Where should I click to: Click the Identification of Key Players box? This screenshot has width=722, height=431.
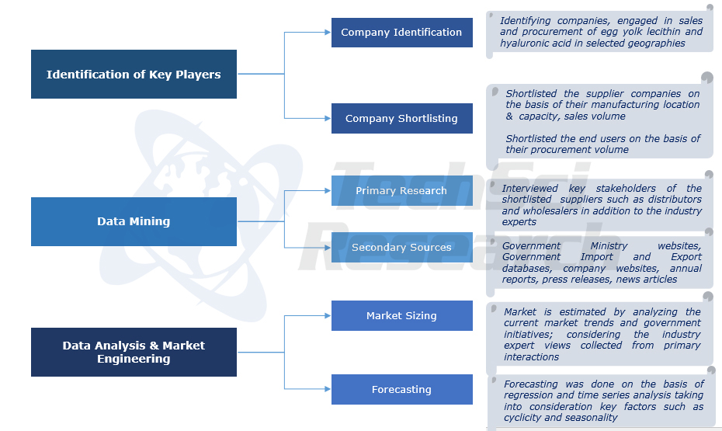click(x=134, y=75)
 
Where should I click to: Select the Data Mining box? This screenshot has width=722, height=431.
click(x=134, y=221)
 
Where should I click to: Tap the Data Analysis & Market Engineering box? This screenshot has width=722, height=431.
click(x=134, y=352)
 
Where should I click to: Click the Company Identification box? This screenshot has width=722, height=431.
click(x=401, y=33)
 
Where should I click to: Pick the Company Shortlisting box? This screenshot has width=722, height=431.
click(x=401, y=119)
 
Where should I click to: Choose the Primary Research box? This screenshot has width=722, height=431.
click(x=401, y=191)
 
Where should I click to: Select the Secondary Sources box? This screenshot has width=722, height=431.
click(x=401, y=248)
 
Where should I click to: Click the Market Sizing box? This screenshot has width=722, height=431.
click(x=401, y=316)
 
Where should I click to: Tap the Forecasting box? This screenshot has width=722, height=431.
click(x=401, y=390)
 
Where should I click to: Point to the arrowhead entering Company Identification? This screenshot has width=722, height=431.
click(x=328, y=33)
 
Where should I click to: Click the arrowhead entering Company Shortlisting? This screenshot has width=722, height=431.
click(x=328, y=119)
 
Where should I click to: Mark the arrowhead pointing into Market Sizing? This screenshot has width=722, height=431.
click(x=328, y=316)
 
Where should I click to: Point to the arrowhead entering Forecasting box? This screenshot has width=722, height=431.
click(x=328, y=389)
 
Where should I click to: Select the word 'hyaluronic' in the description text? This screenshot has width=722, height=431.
click(x=526, y=43)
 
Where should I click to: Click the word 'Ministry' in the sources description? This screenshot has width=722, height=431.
click(x=609, y=246)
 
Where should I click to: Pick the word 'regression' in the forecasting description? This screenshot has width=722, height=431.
click(x=532, y=395)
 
